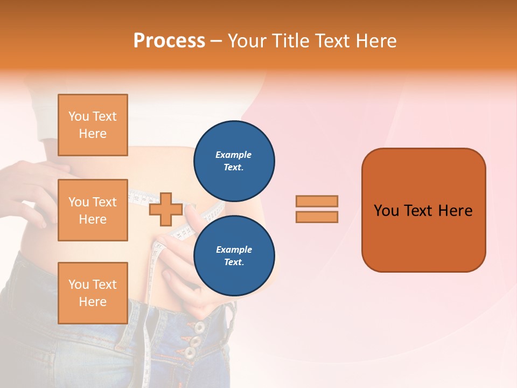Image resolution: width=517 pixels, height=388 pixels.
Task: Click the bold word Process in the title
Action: [169, 40]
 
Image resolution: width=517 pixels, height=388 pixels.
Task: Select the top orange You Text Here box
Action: [93, 125]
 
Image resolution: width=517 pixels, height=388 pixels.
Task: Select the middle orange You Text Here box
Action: [93, 210]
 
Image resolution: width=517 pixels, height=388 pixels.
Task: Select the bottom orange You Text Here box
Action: [93, 293]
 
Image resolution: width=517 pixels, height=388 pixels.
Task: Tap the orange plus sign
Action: [165, 209]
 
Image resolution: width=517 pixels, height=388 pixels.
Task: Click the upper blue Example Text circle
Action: [234, 161]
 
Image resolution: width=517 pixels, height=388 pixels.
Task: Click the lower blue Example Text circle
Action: [234, 255]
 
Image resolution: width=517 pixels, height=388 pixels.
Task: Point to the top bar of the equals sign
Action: [317, 201]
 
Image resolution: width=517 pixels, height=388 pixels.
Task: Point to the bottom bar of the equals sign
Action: [317, 217]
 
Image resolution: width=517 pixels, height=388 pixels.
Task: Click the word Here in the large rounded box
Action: [455, 211]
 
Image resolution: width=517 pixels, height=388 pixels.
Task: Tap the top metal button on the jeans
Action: [199, 327]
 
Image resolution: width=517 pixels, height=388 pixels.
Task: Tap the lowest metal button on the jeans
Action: [190, 353]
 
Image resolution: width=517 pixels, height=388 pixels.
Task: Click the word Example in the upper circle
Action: [234, 155]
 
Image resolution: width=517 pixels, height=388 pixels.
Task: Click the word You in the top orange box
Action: [79, 116]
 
